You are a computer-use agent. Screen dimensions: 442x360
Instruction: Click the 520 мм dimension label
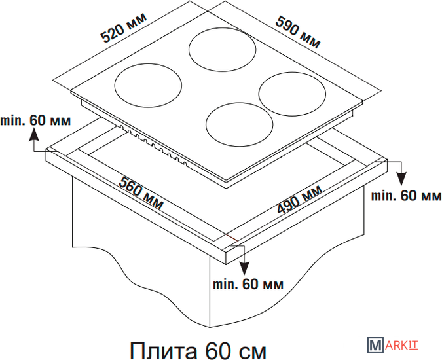[124, 27]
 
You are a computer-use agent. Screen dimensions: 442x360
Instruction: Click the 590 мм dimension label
[298, 32]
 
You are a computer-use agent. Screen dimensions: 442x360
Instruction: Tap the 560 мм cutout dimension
[141, 193]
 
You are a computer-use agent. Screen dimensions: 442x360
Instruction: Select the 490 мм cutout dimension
[300, 199]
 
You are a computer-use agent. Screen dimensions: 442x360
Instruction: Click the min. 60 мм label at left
[35, 120]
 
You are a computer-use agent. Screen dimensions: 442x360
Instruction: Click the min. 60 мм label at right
[406, 196]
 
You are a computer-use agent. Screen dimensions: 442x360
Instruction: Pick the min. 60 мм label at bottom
[248, 285]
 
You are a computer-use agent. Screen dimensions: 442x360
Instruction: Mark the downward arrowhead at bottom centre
[244, 268]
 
